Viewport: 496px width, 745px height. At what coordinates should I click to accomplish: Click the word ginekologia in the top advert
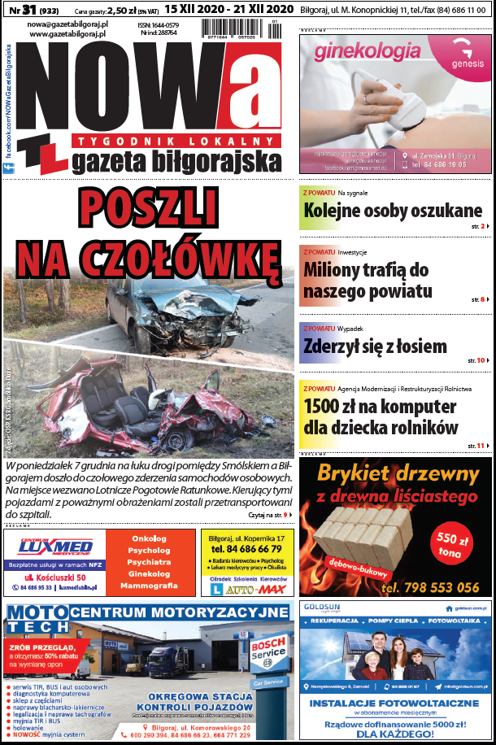click(362, 54)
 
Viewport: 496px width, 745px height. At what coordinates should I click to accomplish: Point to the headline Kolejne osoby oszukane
click(393, 210)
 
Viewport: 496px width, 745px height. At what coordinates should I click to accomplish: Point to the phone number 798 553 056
click(431, 587)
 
